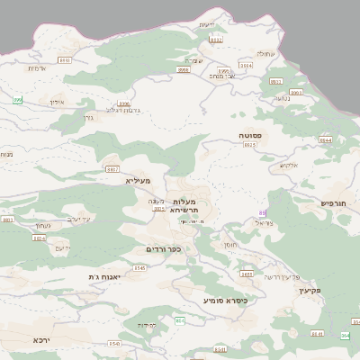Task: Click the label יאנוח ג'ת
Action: point(104,276)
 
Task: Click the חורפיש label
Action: point(338,203)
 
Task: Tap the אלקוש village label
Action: point(288,165)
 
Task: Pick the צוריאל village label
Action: point(259,221)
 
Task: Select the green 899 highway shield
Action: point(17,100)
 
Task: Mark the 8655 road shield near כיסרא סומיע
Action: point(246,273)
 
